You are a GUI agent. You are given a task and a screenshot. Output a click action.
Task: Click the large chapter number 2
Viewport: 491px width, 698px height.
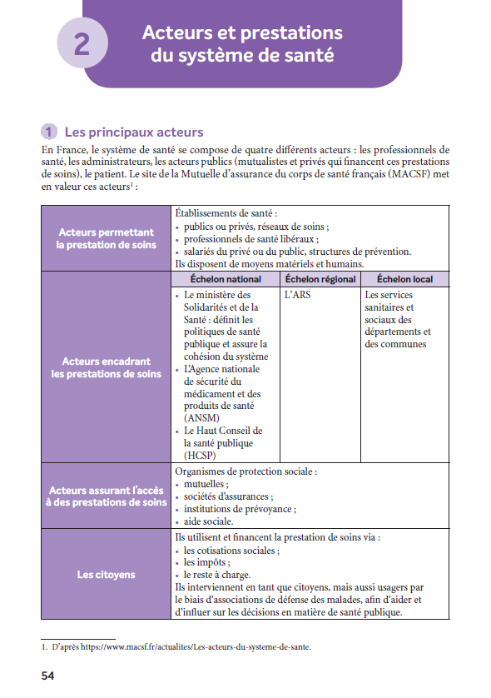[82, 43]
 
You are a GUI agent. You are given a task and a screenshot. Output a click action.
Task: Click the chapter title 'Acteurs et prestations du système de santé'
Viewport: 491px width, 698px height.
[242, 44]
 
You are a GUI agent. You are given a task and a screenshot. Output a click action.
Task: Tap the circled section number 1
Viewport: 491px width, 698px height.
[50, 132]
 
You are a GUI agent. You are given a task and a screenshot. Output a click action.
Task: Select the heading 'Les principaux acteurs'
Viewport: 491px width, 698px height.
[133, 132]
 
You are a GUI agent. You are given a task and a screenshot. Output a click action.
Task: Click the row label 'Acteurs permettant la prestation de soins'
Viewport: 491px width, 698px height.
[106, 238]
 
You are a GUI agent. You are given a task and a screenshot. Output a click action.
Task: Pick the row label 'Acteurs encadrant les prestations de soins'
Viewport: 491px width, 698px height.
[106, 367]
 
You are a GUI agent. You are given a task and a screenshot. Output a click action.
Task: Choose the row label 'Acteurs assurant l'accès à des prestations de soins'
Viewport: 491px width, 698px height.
[106, 496]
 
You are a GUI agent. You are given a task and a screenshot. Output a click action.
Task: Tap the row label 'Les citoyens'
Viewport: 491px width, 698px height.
[106, 575]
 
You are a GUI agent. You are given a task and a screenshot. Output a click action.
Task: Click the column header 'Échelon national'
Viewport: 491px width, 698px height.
[226, 279]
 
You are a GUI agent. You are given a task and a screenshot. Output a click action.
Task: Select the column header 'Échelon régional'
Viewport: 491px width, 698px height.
[320, 279]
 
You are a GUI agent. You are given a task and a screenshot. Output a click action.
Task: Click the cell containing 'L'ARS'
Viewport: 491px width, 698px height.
[297, 295]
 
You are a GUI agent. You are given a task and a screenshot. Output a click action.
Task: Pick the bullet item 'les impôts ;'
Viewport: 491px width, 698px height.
[206, 562]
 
